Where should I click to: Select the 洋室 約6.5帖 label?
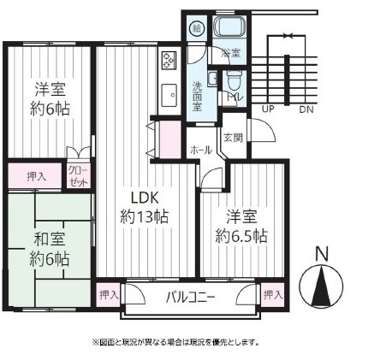coord(236,224)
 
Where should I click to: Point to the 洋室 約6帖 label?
coord(51,98)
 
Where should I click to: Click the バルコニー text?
coord(190,297)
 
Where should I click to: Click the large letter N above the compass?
coord(322,253)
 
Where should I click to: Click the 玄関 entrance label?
coord(233,136)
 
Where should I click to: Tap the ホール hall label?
coord(201,149)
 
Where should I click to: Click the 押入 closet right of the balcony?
coord(272,294)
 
